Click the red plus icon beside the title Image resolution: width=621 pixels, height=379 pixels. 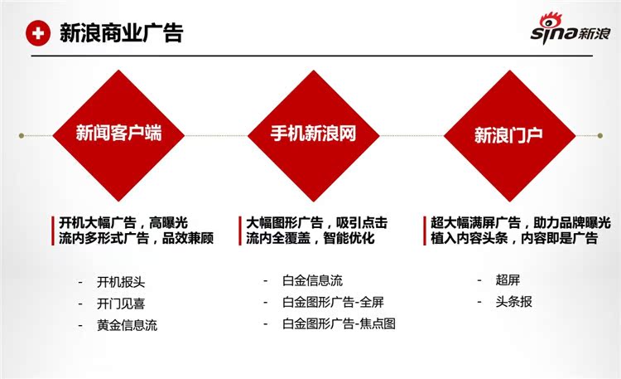click(x=38, y=33)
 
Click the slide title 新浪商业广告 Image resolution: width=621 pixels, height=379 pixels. click(x=122, y=33)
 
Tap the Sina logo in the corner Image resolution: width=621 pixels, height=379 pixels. click(x=570, y=27)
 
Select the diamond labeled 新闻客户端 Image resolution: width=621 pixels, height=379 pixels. click(x=118, y=136)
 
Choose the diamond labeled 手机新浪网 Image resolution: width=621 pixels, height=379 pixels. click(x=314, y=136)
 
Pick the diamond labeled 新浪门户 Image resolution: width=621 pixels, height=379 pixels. click(x=509, y=136)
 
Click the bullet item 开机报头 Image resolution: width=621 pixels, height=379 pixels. click(x=121, y=282)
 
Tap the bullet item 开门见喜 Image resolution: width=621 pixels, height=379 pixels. click(x=121, y=304)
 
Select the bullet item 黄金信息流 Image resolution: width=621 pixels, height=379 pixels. click(x=128, y=325)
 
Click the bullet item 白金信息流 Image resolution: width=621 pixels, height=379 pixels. click(x=312, y=280)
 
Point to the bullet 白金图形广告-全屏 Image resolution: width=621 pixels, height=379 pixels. click(x=333, y=303)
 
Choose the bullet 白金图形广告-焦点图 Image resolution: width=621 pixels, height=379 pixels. click(x=339, y=323)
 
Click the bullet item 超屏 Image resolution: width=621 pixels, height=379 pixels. click(x=508, y=280)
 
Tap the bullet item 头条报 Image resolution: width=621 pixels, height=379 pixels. click(x=513, y=302)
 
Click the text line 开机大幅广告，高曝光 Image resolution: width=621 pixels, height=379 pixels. click(x=123, y=222)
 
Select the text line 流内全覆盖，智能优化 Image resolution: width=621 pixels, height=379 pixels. click(x=310, y=238)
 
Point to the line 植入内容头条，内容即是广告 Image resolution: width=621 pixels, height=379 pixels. click(x=514, y=238)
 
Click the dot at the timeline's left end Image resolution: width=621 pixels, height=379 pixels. click(x=22, y=136)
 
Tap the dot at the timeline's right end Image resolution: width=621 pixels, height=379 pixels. click(x=600, y=136)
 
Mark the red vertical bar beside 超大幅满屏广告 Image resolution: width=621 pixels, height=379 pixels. click(x=425, y=231)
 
